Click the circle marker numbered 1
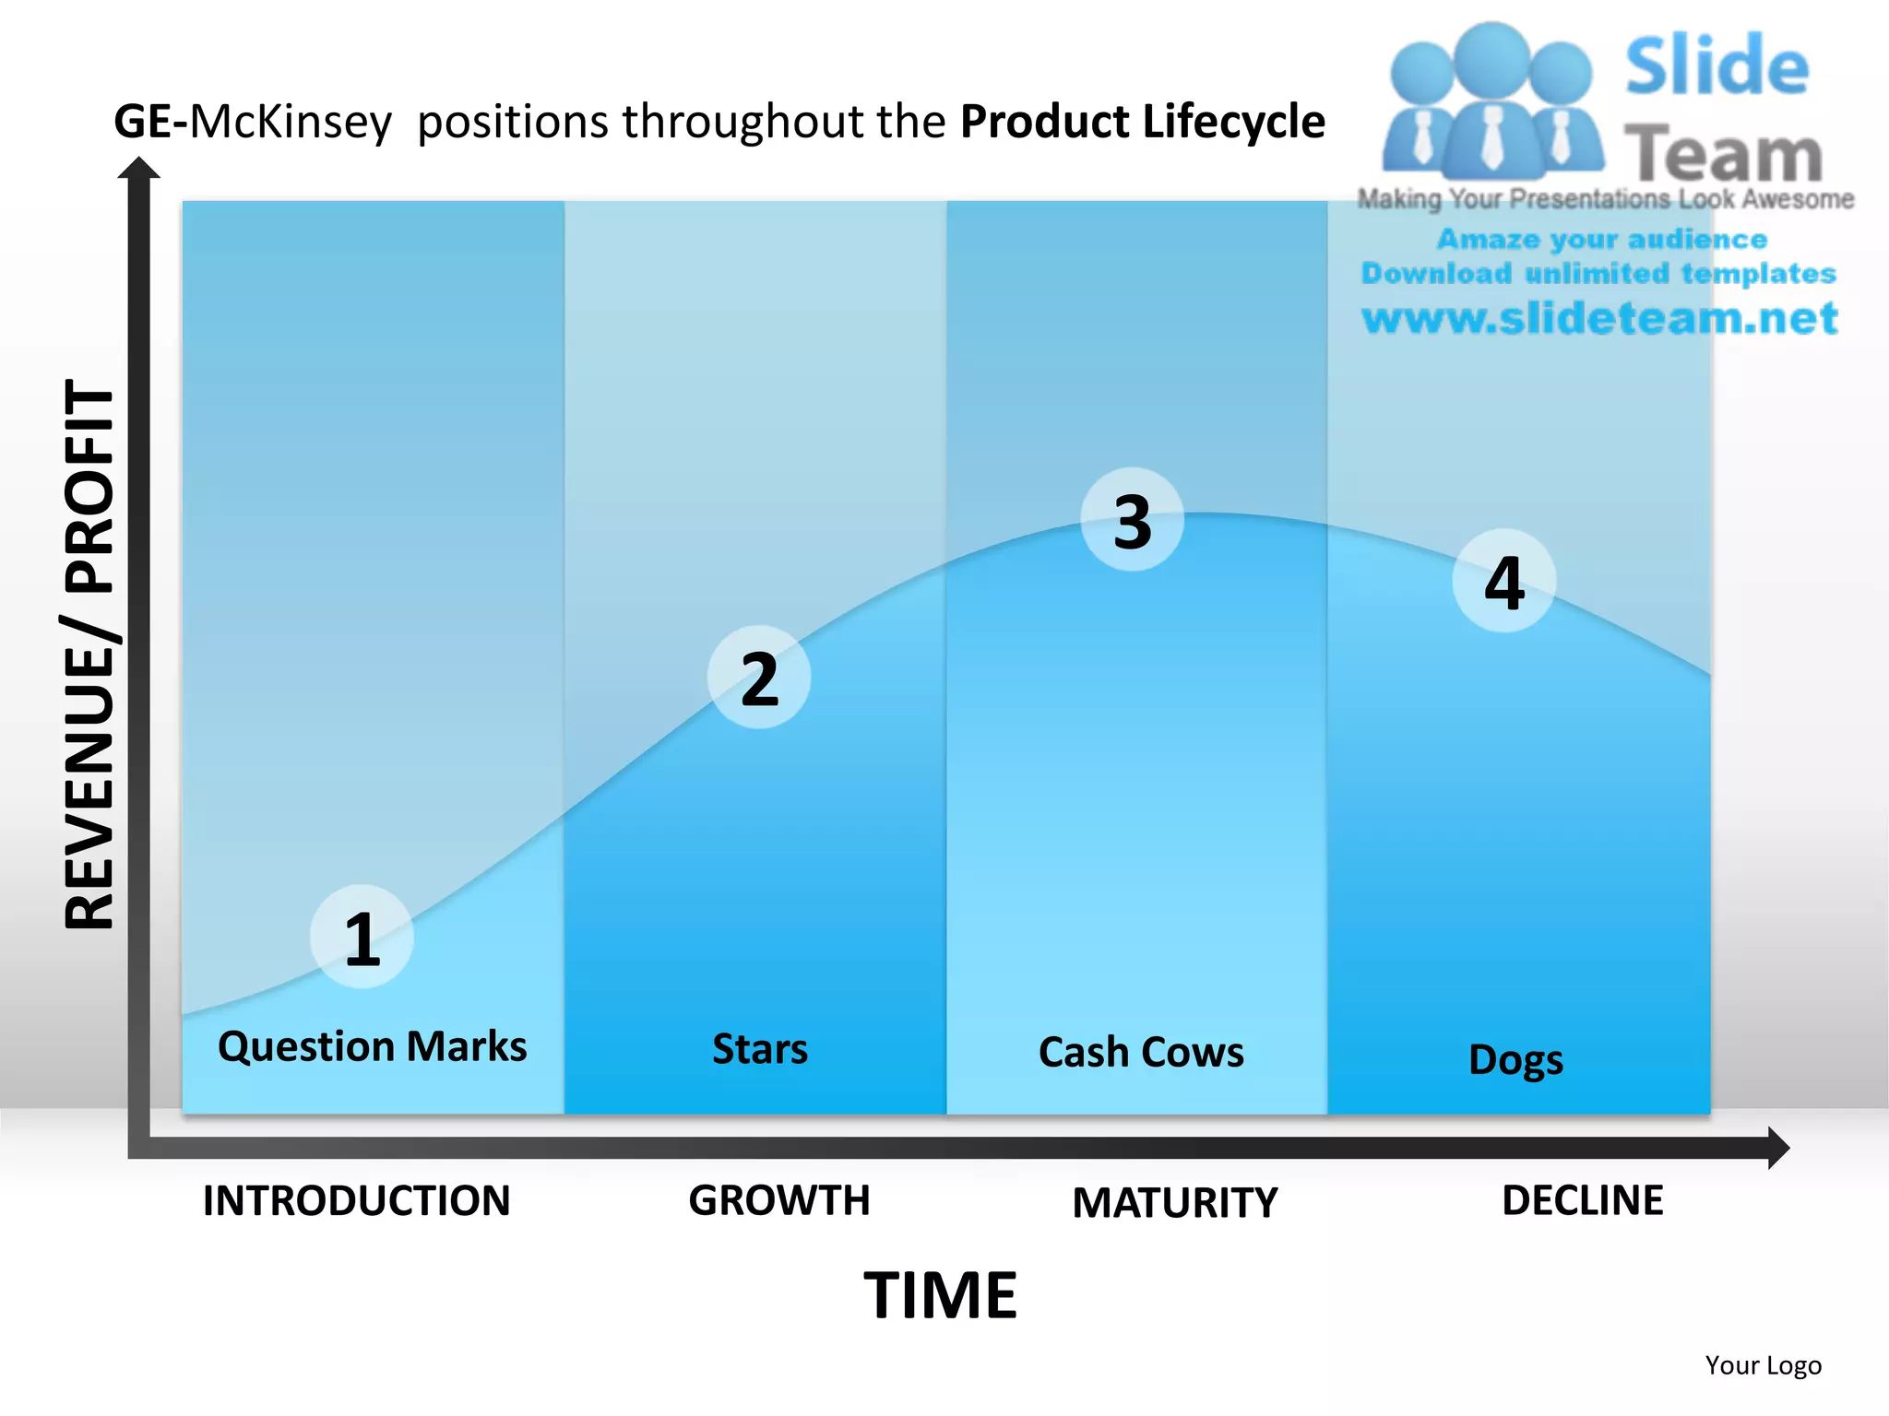tap(362, 938)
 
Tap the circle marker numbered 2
tap(759, 678)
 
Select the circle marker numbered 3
tap(1132, 520)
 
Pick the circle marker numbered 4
tap(1503, 581)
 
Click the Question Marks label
tap(372, 1046)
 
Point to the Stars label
tap(760, 1049)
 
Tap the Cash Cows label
tap(1141, 1052)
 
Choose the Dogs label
tap(1515, 1059)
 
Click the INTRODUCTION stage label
tap(356, 1200)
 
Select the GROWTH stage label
tap(779, 1200)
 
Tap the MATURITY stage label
tap(1175, 1203)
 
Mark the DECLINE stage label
tap(1583, 1200)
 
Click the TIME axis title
tap(940, 1295)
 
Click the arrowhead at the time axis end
tap(1776, 1148)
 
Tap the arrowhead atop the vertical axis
tap(139, 169)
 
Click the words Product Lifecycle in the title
tap(1142, 122)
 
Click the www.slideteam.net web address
tap(1599, 318)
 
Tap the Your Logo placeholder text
tap(1763, 1365)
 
